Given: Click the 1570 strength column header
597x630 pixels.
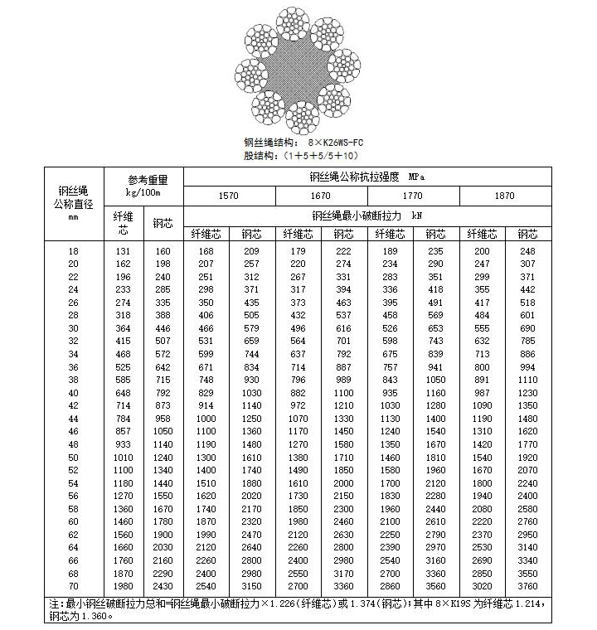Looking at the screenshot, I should pyautogui.click(x=228, y=196).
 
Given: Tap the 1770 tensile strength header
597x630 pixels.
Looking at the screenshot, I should pyautogui.click(x=412, y=196).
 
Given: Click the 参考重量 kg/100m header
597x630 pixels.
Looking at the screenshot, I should pyautogui.click(x=143, y=186).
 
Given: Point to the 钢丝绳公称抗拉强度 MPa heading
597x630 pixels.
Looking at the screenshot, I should pyautogui.click(x=366, y=177).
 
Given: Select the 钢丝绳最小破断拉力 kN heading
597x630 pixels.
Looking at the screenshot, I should pyautogui.click(x=366, y=215).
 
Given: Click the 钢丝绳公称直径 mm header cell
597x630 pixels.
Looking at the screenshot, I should pyautogui.click(x=73, y=203).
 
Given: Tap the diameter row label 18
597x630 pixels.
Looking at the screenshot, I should pyautogui.click(x=73, y=251).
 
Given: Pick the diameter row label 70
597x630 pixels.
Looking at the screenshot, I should pyautogui.click(x=73, y=585).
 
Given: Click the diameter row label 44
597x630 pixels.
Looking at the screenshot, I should pyautogui.click(x=73, y=419).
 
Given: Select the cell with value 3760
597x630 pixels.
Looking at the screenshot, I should pyautogui.click(x=527, y=585).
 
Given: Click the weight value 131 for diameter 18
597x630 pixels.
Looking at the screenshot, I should pyautogui.click(x=123, y=251).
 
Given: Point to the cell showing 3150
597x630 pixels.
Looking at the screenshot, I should pyautogui.click(x=251, y=585).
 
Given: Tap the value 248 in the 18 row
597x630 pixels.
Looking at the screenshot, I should pyautogui.click(x=527, y=251).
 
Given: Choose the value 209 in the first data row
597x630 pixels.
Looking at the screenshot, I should pyautogui.click(x=251, y=251).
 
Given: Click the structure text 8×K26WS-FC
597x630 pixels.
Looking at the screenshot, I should pyautogui.click(x=329, y=142).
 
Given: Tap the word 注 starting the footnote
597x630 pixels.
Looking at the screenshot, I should pyautogui.click(x=54, y=604).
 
